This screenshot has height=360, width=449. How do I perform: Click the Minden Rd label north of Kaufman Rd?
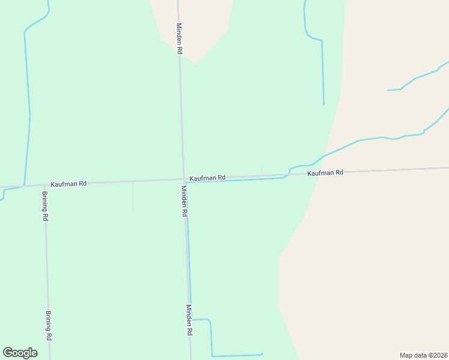pyautogui.click(x=179, y=38)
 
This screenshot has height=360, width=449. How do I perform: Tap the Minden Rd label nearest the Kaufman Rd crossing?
pyautogui.click(x=185, y=201)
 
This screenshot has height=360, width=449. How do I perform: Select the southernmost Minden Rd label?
pyautogui.click(x=189, y=320)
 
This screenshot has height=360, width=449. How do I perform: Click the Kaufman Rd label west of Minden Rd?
pyautogui.click(x=68, y=183)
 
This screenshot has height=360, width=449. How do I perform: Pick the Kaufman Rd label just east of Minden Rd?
pyautogui.click(x=207, y=178)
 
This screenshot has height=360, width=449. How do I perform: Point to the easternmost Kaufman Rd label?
pyautogui.click(x=325, y=173)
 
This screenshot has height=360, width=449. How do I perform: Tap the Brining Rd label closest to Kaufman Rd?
pyautogui.click(x=45, y=206)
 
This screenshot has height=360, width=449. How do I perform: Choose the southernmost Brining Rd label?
pyautogui.click(x=49, y=326)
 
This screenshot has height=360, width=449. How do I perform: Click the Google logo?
pyautogui.click(x=20, y=353)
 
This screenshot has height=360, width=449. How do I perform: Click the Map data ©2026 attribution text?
pyautogui.click(x=423, y=355)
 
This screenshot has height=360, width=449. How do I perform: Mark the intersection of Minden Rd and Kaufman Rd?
pyautogui.click(x=184, y=179)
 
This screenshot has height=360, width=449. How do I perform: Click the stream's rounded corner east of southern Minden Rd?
pyautogui.click(x=209, y=322)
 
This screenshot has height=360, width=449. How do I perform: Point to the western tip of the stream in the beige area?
pyautogui.click(x=388, y=90)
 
